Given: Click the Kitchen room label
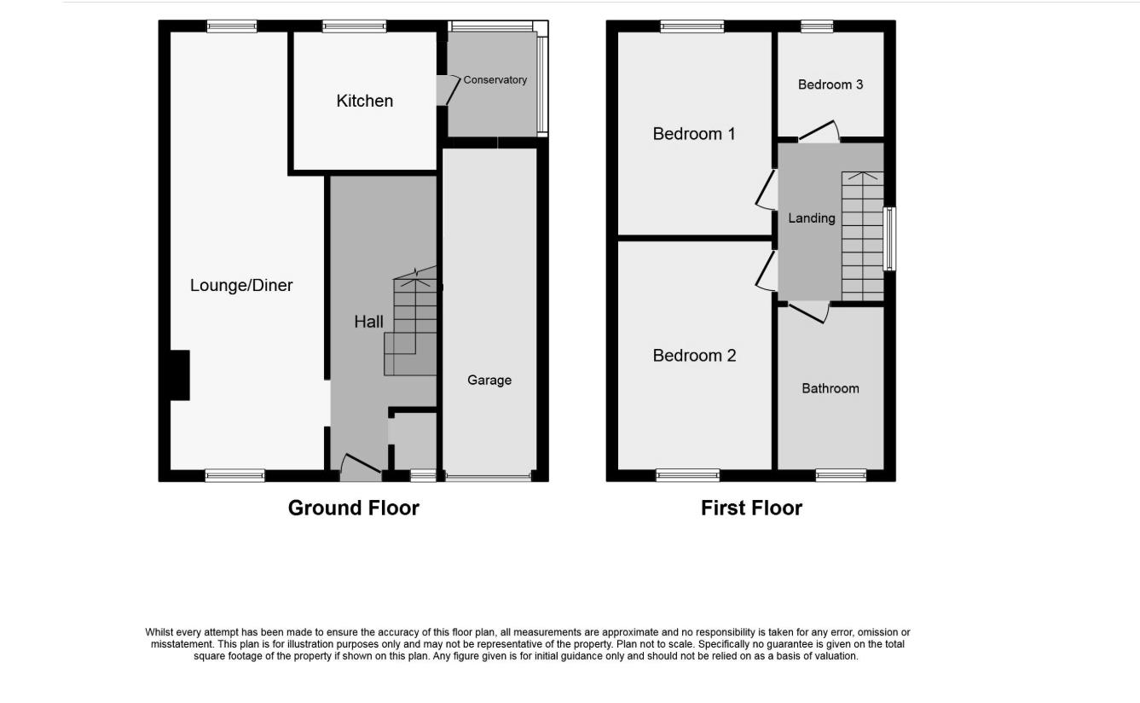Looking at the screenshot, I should (365, 101).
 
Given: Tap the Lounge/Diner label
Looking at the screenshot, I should (241, 285).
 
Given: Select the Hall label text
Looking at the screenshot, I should (368, 322).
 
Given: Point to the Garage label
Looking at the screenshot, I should (489, 381).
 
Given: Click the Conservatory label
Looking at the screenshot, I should (495, 80).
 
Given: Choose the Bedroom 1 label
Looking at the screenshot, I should (694, 134).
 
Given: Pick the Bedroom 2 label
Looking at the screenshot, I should (694, 356).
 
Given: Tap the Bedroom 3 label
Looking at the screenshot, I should (830, 84).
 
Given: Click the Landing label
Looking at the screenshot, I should (811, 218).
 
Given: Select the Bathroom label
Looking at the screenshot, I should (830, 388).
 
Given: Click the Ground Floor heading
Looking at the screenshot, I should (354, 508).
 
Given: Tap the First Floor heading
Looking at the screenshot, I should (751, 508).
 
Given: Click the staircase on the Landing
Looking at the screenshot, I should (862, 236).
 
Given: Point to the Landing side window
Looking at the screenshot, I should (889, 239).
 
